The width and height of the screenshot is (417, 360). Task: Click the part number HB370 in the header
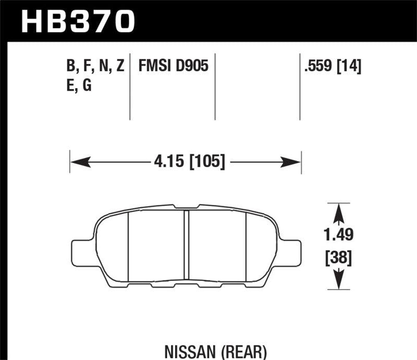pos(77,21)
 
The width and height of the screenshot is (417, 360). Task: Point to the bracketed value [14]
pos(350,66)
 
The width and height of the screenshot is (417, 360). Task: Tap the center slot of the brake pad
pos(186,245)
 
